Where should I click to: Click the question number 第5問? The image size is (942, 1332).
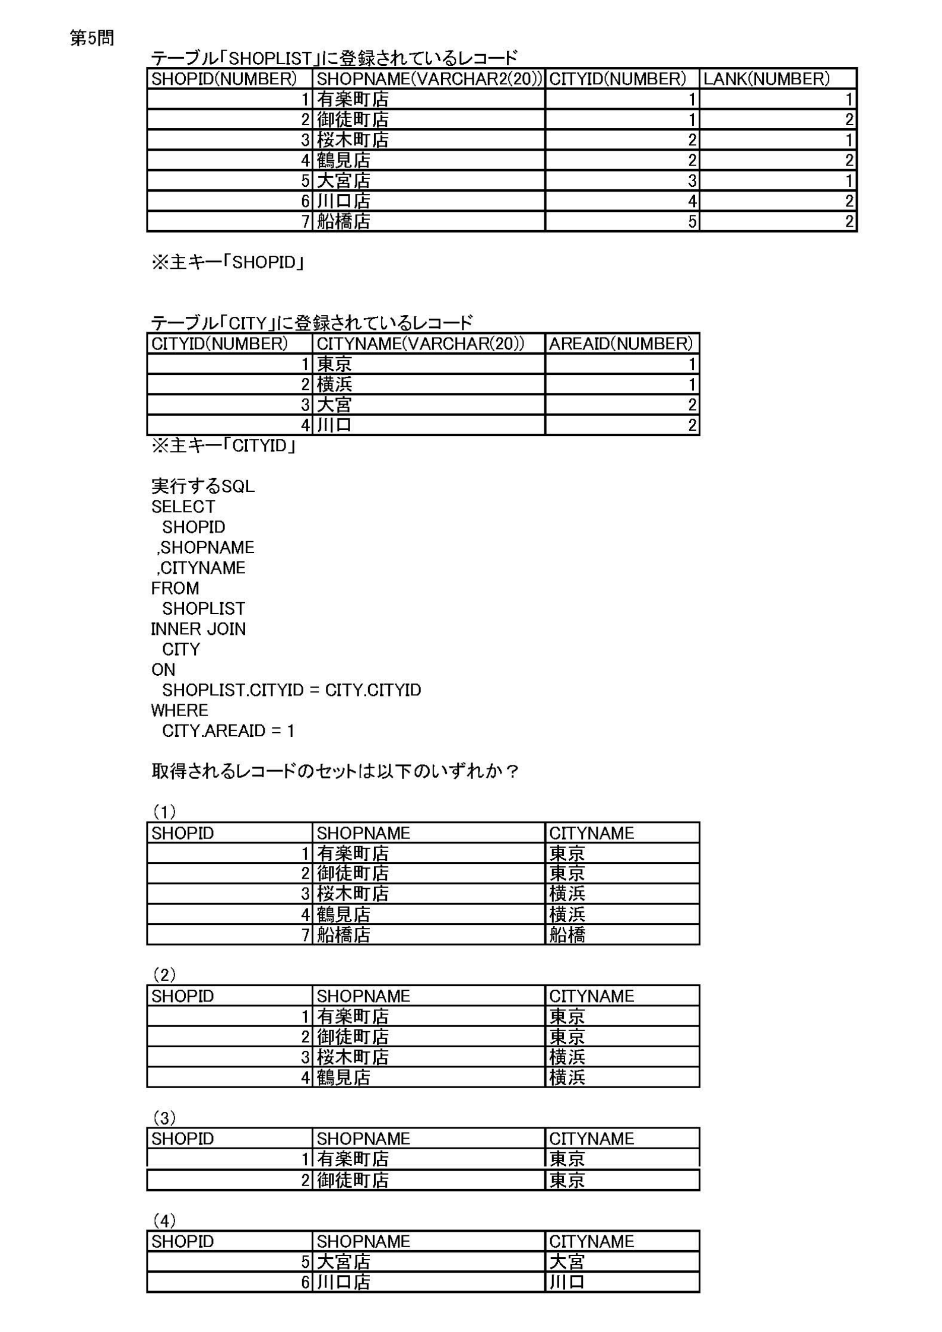coord(92,39)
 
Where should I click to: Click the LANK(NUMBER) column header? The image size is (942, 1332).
coord(766,79)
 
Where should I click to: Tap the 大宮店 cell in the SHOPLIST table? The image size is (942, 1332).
coord(344,180)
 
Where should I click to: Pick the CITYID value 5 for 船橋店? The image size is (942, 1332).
coord(692,221)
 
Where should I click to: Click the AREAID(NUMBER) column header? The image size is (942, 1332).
coord(621,344)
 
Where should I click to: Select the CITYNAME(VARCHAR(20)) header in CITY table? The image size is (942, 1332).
coord(420,344)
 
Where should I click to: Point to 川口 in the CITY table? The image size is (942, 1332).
coord(334,425)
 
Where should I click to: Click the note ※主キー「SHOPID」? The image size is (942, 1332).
coord(227,262)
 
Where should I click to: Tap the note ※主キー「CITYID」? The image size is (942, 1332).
coord(223,446)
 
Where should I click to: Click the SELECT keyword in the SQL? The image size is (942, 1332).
coord(183,507)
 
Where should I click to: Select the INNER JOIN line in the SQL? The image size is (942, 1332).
coord(198,629)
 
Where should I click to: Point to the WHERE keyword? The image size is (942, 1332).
coord(179,710)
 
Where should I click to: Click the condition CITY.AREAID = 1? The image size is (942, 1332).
coord(228,730)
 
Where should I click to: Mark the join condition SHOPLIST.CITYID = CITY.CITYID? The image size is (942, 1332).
coord(291,690)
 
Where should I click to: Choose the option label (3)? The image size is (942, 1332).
coord(164,1118)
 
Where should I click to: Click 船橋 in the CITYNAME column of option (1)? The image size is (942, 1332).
coord(567,934)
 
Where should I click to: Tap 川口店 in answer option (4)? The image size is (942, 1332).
coord(344,1282)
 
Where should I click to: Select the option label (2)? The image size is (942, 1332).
coord(164,974)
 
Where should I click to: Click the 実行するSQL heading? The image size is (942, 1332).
coord(203,487)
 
